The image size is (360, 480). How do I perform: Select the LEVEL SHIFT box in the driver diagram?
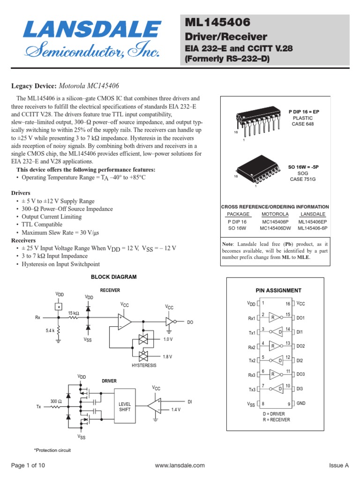(x=125, y=406)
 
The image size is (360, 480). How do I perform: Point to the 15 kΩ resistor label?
(x=74, y=313)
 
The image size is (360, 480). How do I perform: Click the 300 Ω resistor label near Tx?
(x=56, y=401)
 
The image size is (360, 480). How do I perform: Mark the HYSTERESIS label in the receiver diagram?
(x=143, y=365)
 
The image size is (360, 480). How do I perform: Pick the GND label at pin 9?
(x=301, y=403)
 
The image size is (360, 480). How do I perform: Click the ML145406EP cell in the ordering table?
(x=313, y=221)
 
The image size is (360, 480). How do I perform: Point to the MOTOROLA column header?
(x=275, y=214)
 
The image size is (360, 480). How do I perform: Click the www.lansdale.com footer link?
(x=180, y=465)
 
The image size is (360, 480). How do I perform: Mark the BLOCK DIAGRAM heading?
(x=113, y=277)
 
